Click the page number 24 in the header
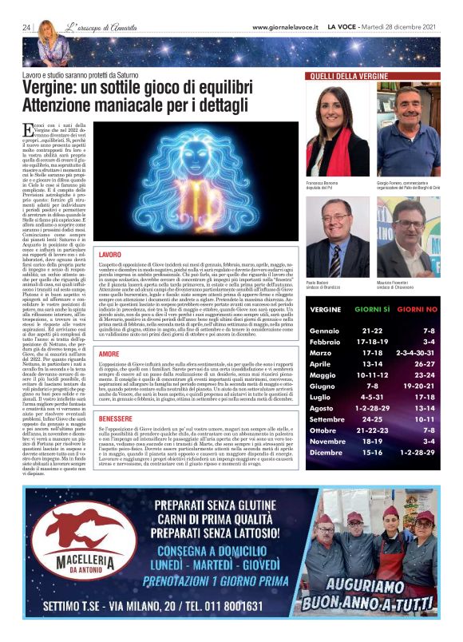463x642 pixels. [x=26, y=28]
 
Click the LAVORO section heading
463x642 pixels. [x=109, y=253]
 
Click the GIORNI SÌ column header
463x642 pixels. [x=371, y=308]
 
